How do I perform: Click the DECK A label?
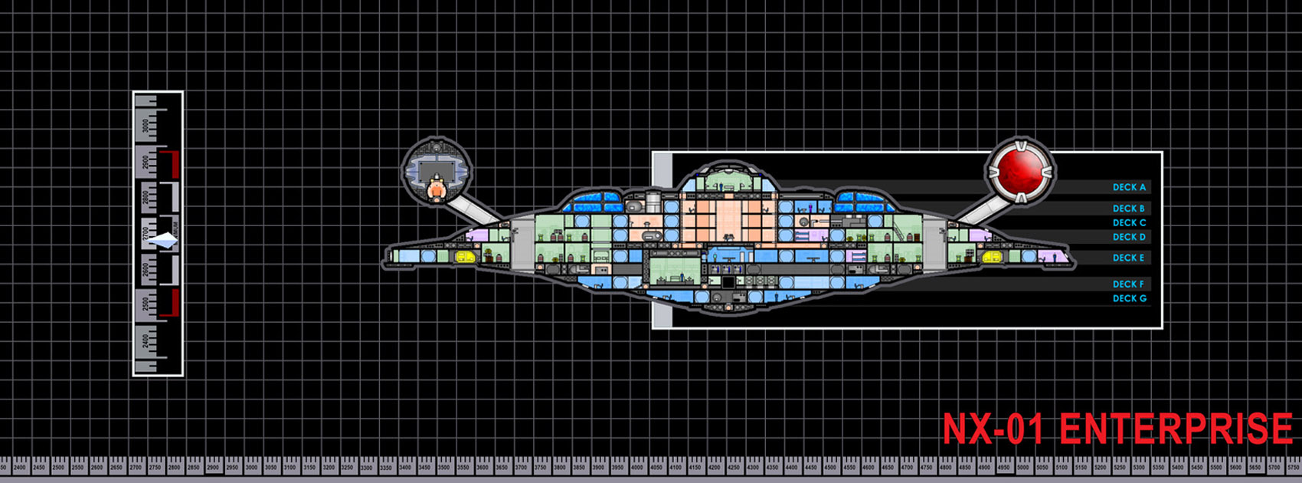1129,187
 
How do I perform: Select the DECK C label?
1129,223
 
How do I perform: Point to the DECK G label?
1130,299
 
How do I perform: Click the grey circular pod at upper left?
435,170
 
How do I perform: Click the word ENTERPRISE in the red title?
1176,429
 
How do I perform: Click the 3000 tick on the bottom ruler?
251,467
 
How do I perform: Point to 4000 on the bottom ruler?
637,467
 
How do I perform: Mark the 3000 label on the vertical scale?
147,125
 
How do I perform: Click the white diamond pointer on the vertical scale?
163,242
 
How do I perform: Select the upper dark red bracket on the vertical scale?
175,163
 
